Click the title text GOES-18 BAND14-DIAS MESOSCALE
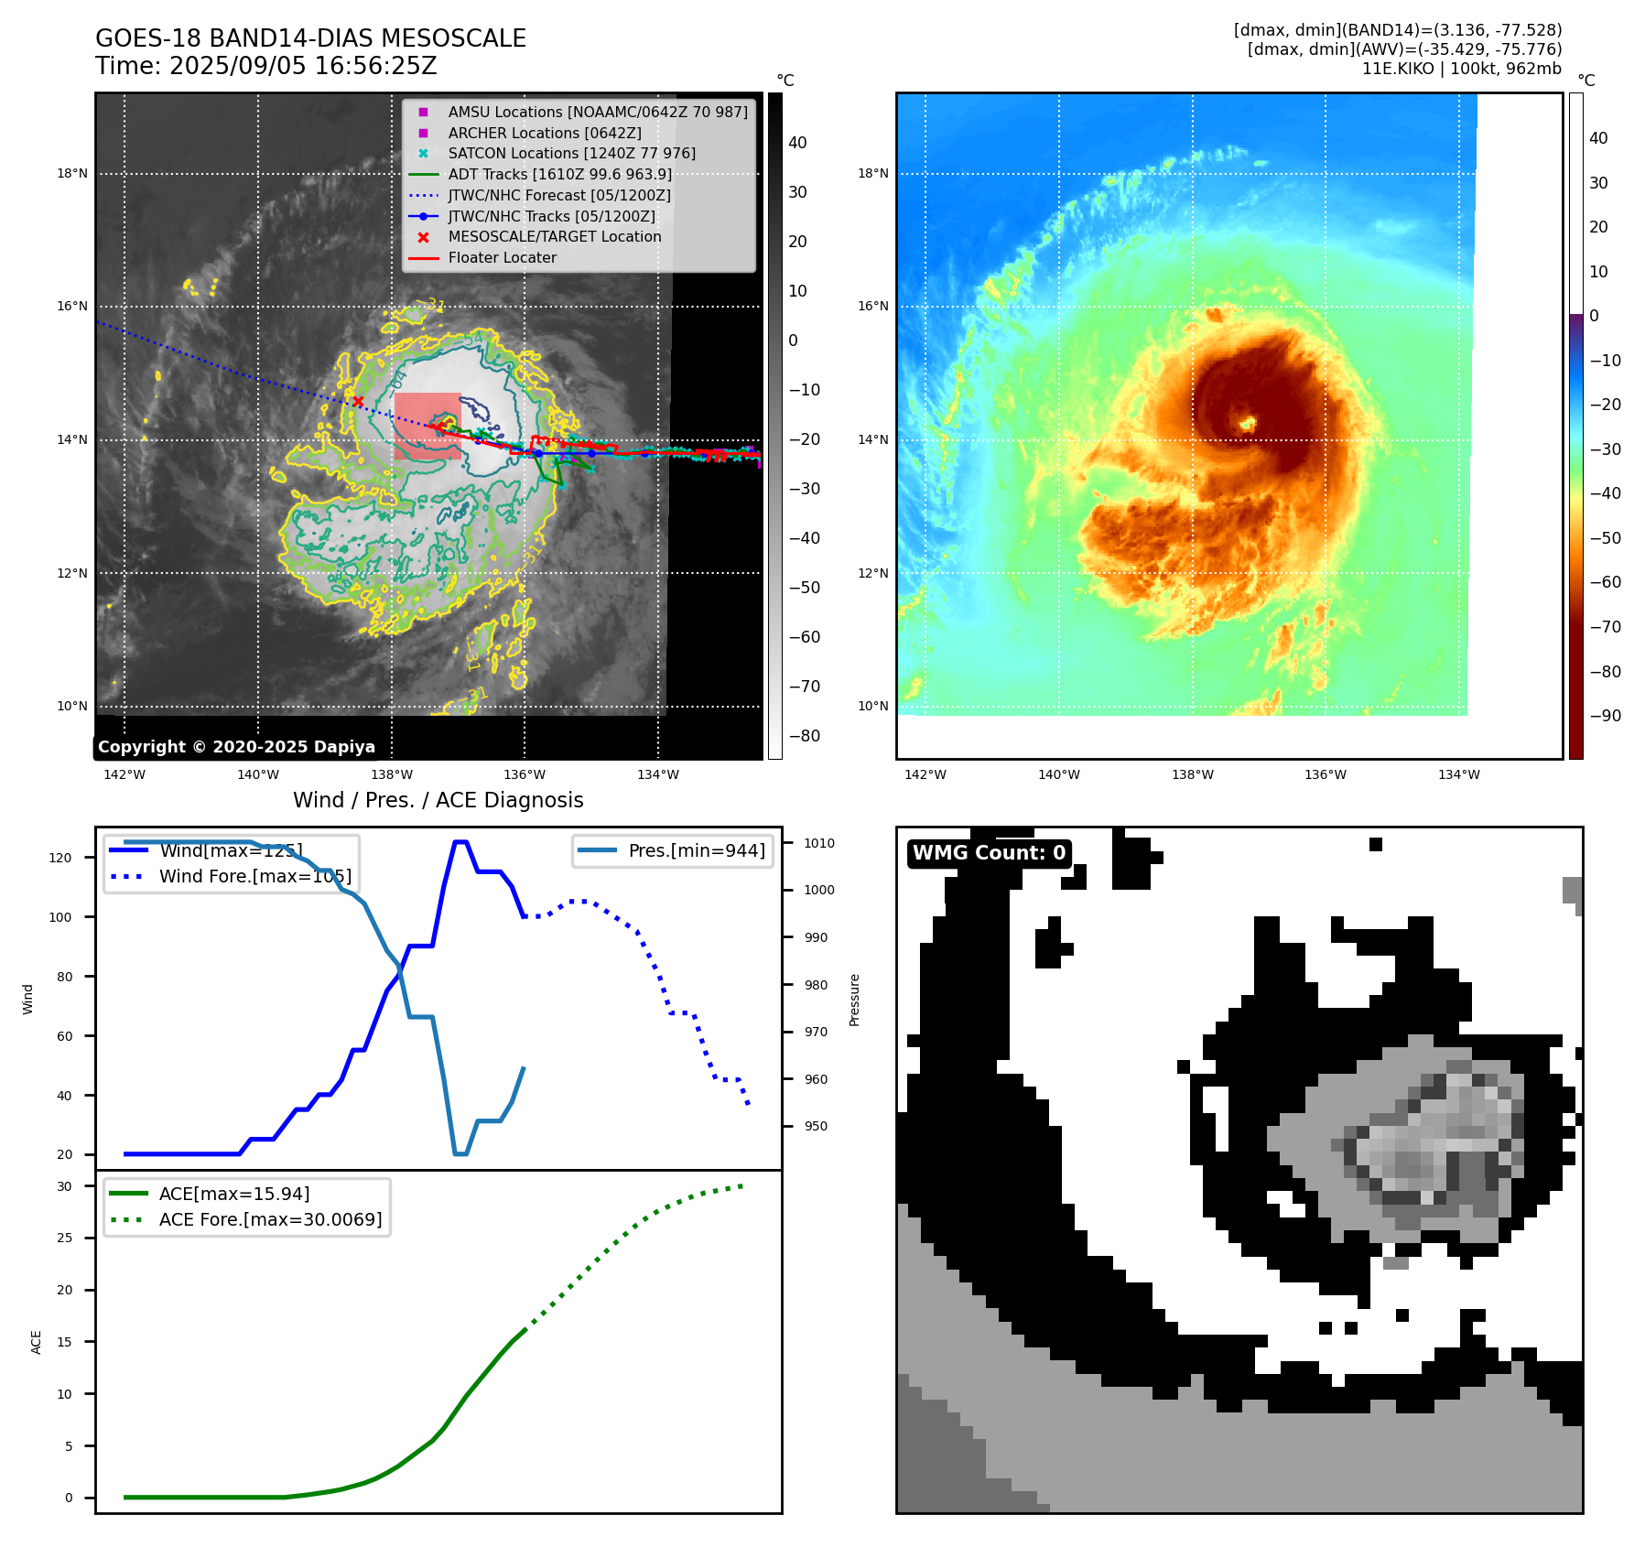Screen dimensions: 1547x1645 [310, 38]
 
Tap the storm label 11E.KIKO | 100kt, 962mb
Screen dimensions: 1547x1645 [1461, 69]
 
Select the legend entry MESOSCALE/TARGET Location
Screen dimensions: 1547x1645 [554, 237]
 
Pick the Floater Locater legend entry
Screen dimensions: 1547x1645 [502, 258]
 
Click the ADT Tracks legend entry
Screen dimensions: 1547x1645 [559, 175]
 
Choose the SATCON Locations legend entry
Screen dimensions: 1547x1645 [571, 154]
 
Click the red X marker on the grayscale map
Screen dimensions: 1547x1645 [358, 401]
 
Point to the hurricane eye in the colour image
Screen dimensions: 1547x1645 [1247, 423]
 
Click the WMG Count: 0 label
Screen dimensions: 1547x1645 [989, 853]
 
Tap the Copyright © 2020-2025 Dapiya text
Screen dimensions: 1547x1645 [236, 747]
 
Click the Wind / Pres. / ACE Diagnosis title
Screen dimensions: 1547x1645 [438, 800]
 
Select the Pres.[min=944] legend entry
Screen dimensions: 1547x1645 [696, 850]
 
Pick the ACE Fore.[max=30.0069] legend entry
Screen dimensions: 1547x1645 [270, 1220]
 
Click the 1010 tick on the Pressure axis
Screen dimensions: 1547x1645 [819, 843]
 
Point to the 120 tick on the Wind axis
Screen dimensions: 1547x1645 [60, 858]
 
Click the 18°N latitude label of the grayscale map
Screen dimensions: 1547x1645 [72, 174]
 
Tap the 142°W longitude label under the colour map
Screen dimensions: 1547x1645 [925, 775]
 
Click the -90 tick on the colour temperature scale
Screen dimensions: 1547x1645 [1605, 716]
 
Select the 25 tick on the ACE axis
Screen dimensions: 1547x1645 [64, 1239]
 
